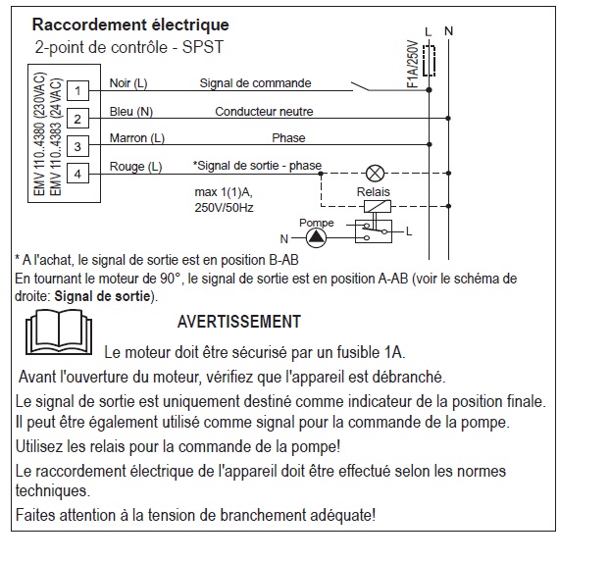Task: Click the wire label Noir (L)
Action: [x=127, y=83]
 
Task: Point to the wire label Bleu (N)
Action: [x=130, y=111]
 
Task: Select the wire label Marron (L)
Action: [x=136, y=138]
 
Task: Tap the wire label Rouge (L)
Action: [x=135, y=166]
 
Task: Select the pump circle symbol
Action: [x=311, y=237]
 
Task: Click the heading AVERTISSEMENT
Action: [x=238, y=322]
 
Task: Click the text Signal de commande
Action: [x=255, y=83]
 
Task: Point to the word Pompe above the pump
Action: [x=316, y=223]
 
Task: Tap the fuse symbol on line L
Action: [x=430, y=61]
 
